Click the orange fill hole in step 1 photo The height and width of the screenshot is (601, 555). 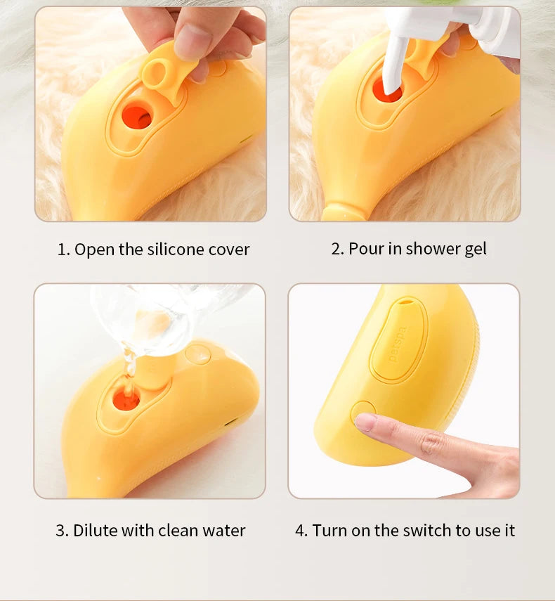136,116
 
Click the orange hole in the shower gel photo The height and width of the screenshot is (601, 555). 387,90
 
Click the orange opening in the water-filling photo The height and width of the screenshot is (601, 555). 126,399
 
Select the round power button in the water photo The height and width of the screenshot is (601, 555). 197,354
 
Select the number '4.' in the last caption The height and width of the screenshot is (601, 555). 301,531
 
